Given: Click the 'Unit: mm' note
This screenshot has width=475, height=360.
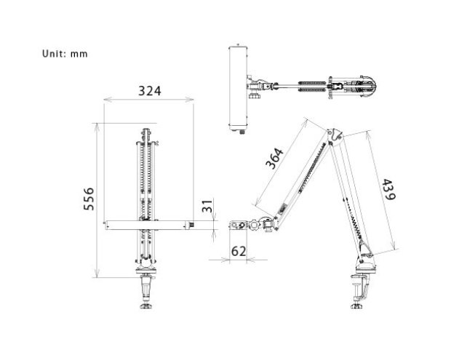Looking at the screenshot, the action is pyautogui.click(x=65, y=54).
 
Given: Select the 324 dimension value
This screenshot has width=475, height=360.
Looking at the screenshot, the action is pyautogui.click(x=150, y=91).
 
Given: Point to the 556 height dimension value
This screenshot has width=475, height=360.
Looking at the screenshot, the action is pyautogui.click(x=89, y=199).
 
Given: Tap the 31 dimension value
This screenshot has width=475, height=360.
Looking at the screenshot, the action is pyautogui.click(x=207, y=207).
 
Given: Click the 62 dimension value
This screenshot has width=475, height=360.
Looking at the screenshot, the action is pyautogui.click(x=239, y=252).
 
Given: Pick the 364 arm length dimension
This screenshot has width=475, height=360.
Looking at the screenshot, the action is pyautogui.click(x=274, y=158).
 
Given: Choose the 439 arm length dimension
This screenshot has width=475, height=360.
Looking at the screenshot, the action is pyautogui.click(x=388, y=190).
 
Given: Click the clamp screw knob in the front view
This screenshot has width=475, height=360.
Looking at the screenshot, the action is pyautogui.click(x=147, y=305).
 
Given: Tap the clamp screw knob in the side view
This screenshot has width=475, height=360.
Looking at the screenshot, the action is pyautogui.click(x=357, y=306).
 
